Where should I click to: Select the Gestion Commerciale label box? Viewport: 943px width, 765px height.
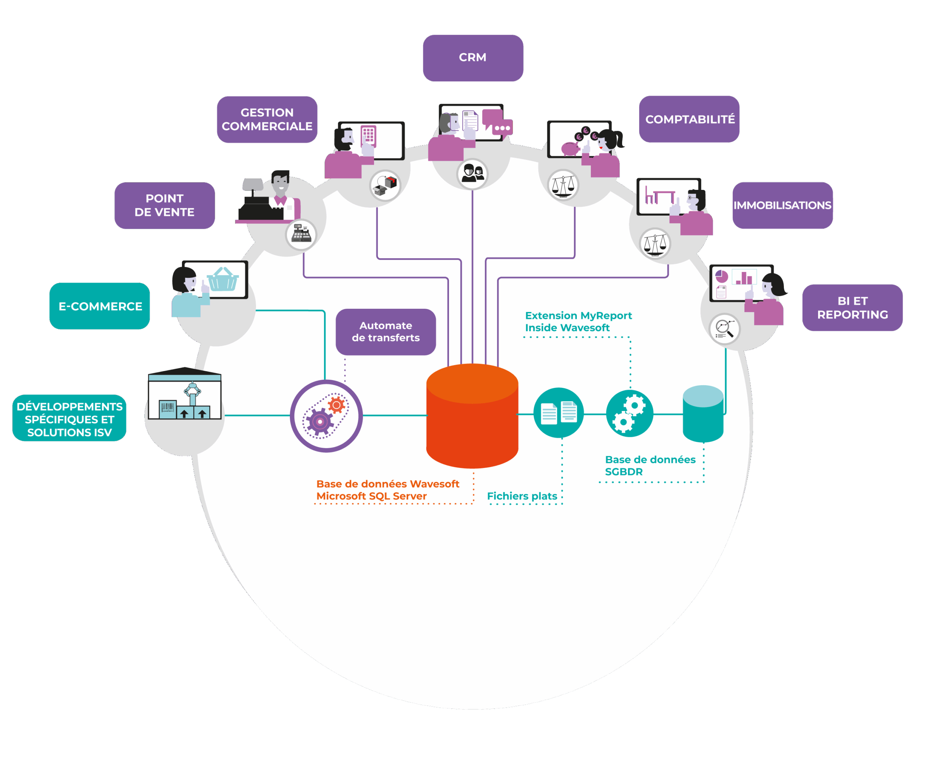pos(267,120)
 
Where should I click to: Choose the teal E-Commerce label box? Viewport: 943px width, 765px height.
pos(100,306)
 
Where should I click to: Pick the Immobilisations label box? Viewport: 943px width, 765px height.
pos(782,205)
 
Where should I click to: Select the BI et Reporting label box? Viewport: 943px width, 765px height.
pos(852,308)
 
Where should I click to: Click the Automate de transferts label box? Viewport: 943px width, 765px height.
pos(386,332)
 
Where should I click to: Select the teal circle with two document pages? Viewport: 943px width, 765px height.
pos(558,413)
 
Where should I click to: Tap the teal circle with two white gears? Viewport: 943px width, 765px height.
pos(630,413)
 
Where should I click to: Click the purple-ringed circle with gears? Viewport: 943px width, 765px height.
pos(326,416)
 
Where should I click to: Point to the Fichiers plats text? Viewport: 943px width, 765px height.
pos(522,496)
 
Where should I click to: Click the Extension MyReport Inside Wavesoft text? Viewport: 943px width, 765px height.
pos(578,322)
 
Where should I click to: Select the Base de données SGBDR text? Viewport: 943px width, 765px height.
pos(650,466)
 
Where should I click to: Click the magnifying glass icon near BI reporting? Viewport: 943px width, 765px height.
pos(724,329)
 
